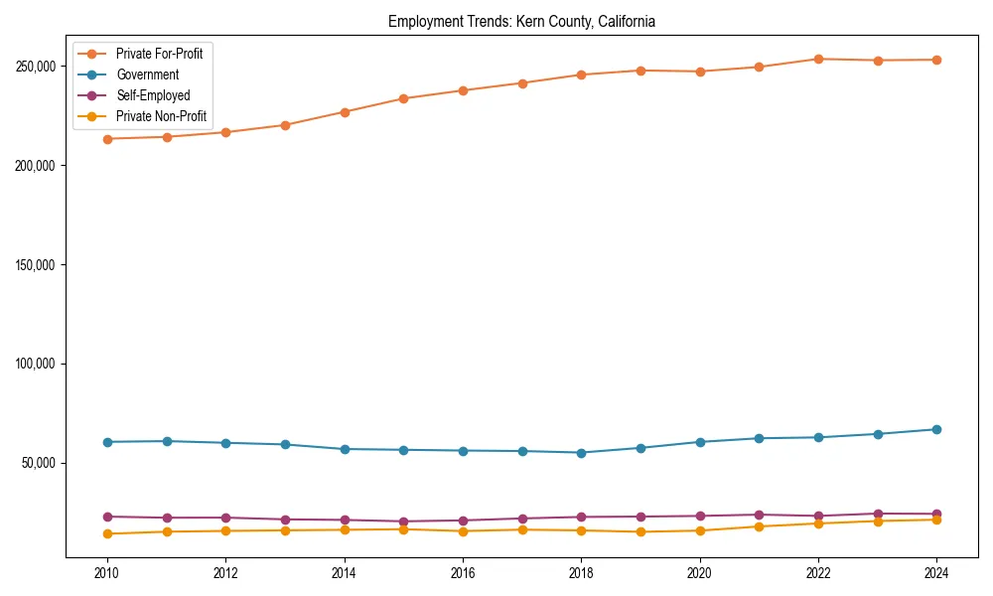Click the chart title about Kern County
pyautogui.click(x=521, y=21)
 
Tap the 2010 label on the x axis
pyautogui.click(x=107, y=573)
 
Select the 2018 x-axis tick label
pyautogui.click(x=581, y=573)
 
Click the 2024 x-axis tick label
pyautogui.click(x=936, y=573)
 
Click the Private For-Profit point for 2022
pyautogui.click(x=818, y=59)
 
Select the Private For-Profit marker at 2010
pyautogui.click(x=107, y=139)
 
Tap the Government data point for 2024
pyautogui.click(x=936, y=429)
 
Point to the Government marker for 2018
pyautogui.click(x=581, y=453)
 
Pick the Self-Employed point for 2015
pyautogui.click(x=403, y=521)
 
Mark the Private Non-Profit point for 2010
pyautogui.click(x=107, y=534)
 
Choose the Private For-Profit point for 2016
pyautogui.click(x=463, y=90)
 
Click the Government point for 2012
pyautogui.click(x=225, y=443)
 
